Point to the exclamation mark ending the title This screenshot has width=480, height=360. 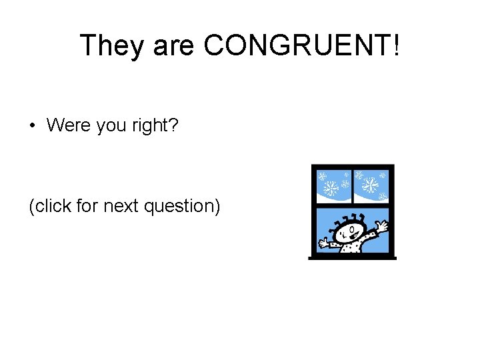pyautogui.click(x=397, y=45)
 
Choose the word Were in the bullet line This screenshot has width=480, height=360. pyautogui.click(x=69, y=125)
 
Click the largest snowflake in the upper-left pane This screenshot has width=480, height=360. pyautogui.click(x=331, y=188)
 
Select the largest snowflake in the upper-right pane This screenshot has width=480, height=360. pyautogui.click(x=370, y=185)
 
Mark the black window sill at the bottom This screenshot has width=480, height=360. pyautogui.click(x=352, y=257)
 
